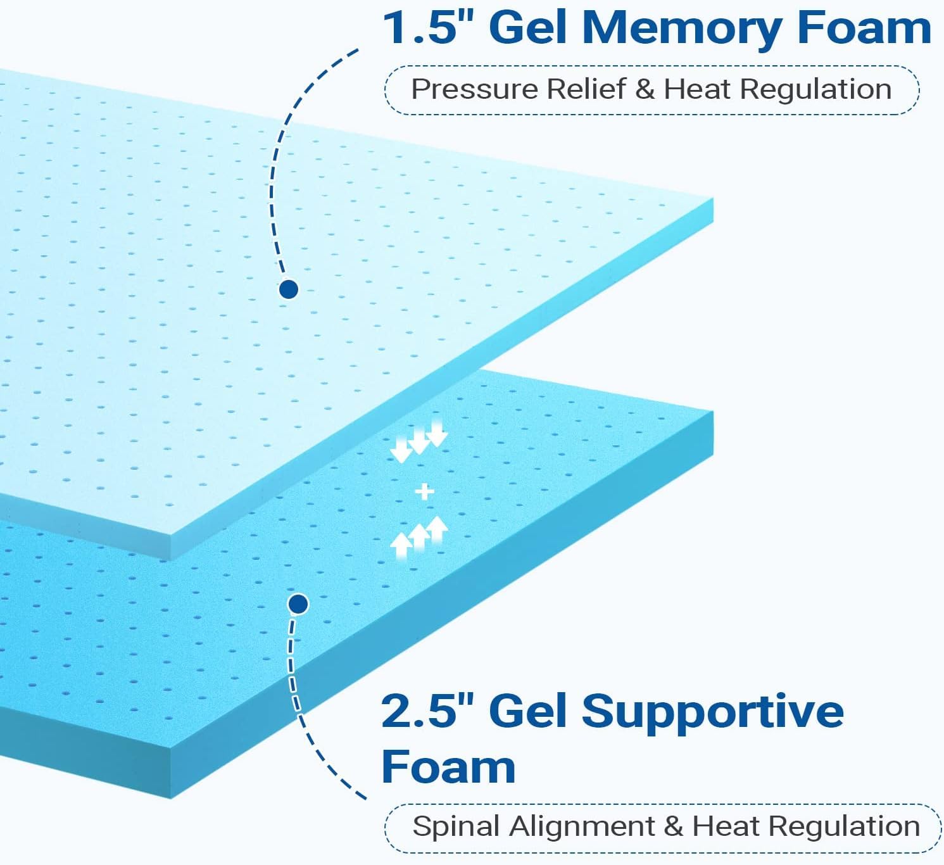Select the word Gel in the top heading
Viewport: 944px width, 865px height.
527,28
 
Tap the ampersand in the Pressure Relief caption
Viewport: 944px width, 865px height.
645,89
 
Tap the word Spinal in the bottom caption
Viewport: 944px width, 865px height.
456,827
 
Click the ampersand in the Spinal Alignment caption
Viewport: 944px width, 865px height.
674,827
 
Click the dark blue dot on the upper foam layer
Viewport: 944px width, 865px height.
289,289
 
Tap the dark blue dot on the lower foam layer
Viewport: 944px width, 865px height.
298,603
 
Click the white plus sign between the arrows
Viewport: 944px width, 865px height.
424,491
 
